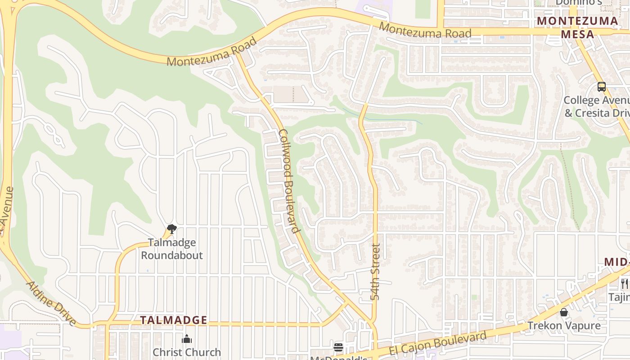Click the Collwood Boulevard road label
click(289, 181)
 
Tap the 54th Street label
click(376, 272)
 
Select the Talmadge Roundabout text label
click(172, 249)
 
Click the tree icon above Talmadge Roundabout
click(171, 229)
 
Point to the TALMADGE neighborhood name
click(173, 320)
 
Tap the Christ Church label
click(187, 352)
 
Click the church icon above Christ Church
click(187, 339)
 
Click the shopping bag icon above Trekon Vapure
click(564, 312)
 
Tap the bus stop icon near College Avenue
click(602, 87)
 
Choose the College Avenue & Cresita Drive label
click(597, 107)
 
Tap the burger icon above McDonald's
click(338, 347)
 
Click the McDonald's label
click(338, 357)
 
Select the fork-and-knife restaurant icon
click(624, 283)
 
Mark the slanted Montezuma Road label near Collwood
click(211, 52)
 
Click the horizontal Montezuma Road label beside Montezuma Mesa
click(425, 30)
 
